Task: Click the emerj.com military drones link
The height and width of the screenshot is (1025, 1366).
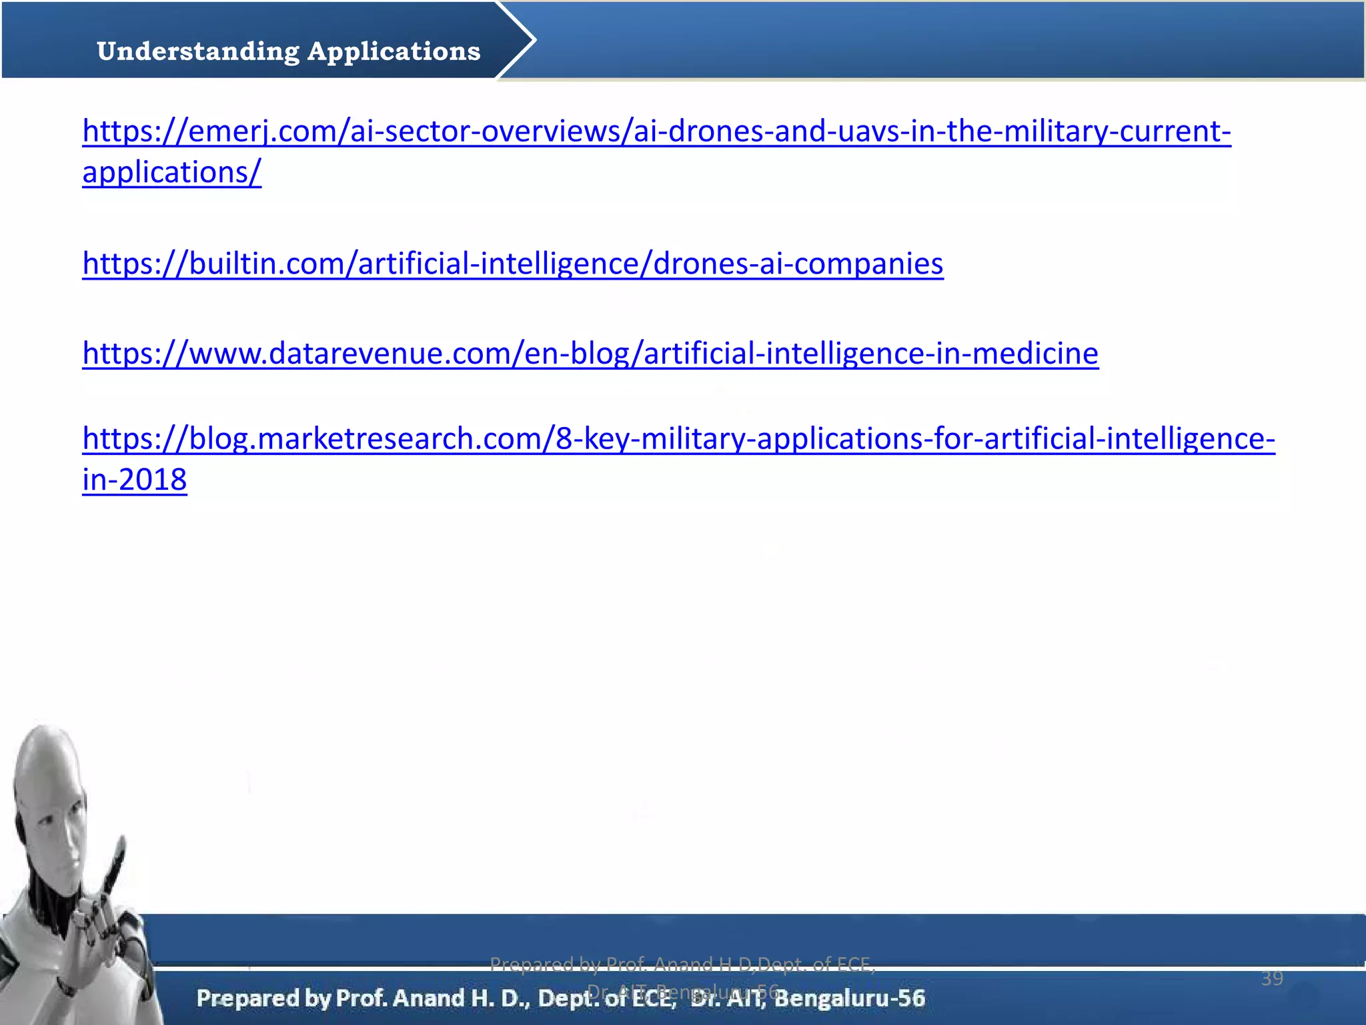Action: coord(656,131)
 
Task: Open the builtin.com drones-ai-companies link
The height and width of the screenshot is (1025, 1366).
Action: coord(512,264)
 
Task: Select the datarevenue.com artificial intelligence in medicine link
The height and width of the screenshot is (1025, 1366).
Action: coord(590,354)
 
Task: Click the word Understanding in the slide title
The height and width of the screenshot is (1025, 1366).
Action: coord(198,51)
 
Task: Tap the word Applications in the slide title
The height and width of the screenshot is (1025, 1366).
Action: coord(394,51)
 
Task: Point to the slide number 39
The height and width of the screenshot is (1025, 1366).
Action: coord(1272,978)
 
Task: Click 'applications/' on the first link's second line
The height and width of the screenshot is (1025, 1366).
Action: coord(171,173)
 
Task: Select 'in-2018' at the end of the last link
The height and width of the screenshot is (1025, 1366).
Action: coord(134,480)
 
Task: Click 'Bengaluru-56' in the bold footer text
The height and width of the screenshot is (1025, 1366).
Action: coord(850,998)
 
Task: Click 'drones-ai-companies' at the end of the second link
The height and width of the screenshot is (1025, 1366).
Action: coord(798,264)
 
